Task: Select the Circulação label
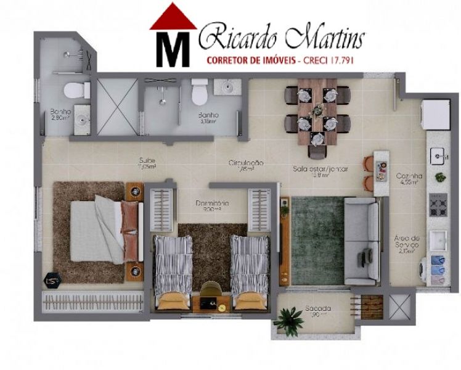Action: pyautogui.click(x=246, y=165)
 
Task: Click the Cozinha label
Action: pyautogui.click(x=409, y=178)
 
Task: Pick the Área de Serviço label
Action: pyautogui.click(x=407, y=243)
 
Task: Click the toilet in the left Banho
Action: pyautogui.click(x=78, y=91)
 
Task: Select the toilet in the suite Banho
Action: pyautogui.click(x=199, y=92)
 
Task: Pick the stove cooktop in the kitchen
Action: pyautogui.click(x=439, y=204)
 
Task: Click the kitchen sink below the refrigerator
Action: pyautogui.click(x=438, y=154)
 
